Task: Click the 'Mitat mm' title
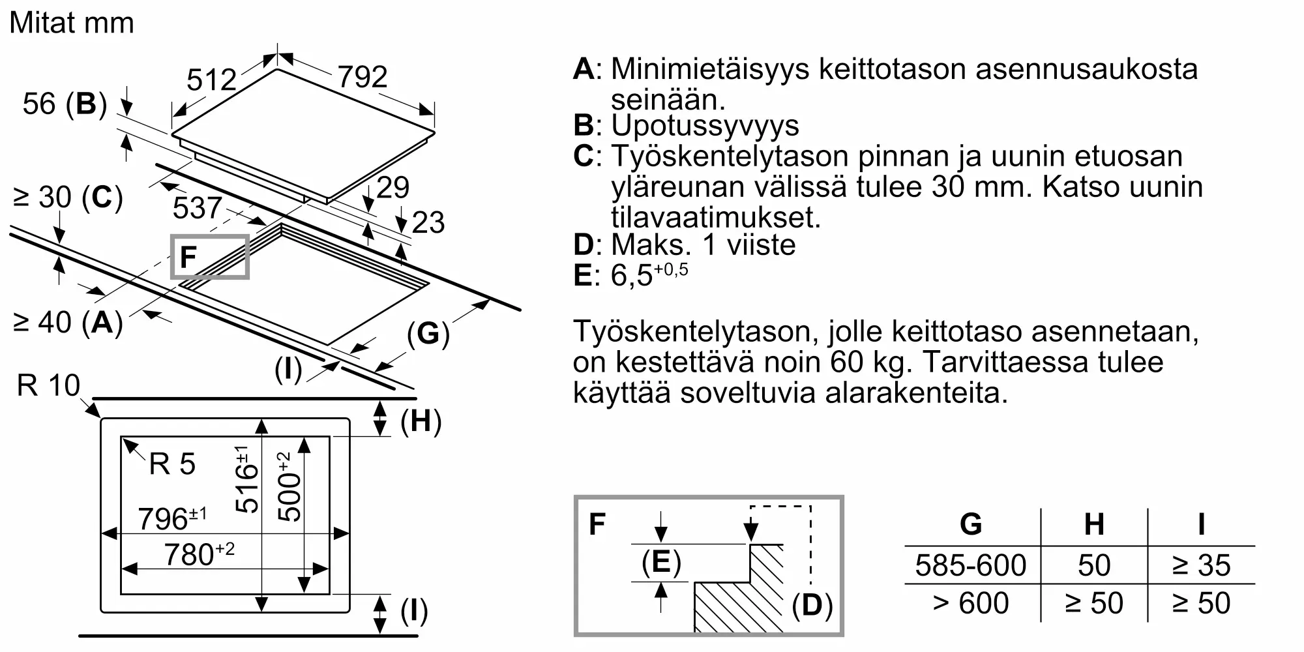pyautogui.click(x=72, y=23)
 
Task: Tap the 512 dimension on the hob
pyautogui.click(x=211, y=80)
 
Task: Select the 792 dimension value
pyautogui.click(x=363, y=77)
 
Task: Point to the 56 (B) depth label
pyautogui.click(x=65, y=104)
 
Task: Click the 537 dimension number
pyautogui.click(x=198, y=208)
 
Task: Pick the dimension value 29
pyautogui.click(x=393, y=188)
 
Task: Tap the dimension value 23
pyautogui.click(x=428, y=222)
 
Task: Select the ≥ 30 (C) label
pyautogui.click(x=68, y=197)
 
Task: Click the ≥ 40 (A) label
pyautogui.click(x=68, y=322)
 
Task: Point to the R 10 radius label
pyautogui.click(x=48, y=385)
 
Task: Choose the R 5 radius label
pyautogui.click(x=172, y=464)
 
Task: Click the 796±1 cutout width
pyautogui.click(x=172, y=518)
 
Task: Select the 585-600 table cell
pyautogui.click(x=971, y=565)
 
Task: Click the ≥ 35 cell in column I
pyautogui.click(x=1201, y=565)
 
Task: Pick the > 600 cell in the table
pyautogui.click(x=971, y=603)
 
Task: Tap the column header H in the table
pyautogui.click(x=1094, y=524)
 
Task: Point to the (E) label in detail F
pyautogui.click(x=661, y=562)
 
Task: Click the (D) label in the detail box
pyautogui.click(x=812, y=606)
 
